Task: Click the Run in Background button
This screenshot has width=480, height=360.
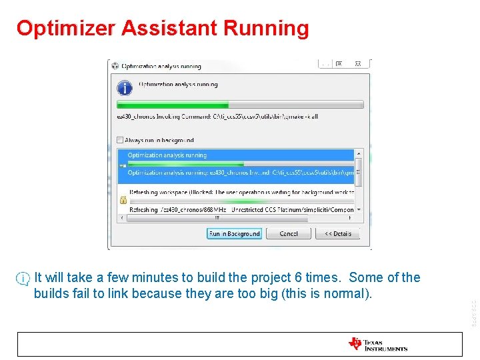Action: point(235,234)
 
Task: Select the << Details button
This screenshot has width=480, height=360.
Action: point(337,234)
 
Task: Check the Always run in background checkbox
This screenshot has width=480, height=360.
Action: point(120,140)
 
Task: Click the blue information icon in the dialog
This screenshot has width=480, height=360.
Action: point(125,87)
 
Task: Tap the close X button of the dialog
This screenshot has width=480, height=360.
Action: point(359,64)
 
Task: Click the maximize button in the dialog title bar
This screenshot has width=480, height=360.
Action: point(339,64)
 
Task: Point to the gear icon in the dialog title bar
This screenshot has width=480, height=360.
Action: point(115,66)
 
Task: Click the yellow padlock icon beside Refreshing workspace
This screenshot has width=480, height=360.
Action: point(123,199)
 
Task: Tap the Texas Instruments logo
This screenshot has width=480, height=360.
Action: point(377,344)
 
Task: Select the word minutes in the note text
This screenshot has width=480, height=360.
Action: point(155,277)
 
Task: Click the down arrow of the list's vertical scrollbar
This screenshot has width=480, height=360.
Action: point(359,209)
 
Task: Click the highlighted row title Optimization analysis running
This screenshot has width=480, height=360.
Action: point(167,155)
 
